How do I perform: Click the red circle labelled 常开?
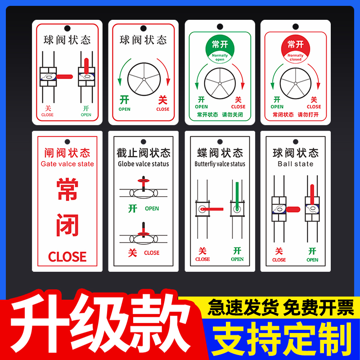coord(295,48)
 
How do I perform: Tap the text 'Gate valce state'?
coord(67,164)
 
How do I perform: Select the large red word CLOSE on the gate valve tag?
coord(67,257)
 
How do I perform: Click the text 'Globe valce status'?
coord(144,164)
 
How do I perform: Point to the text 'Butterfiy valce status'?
coord(220,164)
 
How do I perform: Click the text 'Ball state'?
coord(295,164)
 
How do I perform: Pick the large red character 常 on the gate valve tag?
coord(67,190)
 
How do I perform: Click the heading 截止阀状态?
coord(144,153)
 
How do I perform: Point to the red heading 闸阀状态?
coord(67,153)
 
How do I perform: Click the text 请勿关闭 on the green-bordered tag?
coord(232,115)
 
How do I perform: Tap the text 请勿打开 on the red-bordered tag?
coord(308,115)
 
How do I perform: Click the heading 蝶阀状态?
coord(220,153)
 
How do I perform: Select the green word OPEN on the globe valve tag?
coord(152,208)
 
